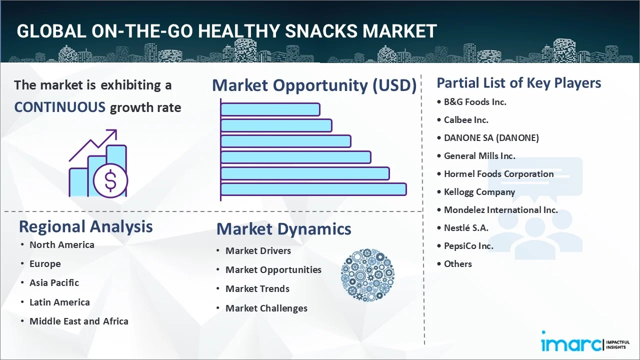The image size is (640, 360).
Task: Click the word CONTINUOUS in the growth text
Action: coord(59,107)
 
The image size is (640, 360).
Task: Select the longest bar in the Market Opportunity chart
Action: coord(313,189)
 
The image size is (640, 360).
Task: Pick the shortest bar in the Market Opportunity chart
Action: coord(270,109)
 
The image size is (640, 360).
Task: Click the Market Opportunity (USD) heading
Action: coord(314,85)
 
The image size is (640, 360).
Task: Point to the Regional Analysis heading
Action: coord(85,226)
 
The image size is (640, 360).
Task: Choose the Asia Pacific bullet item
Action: coord(54,282)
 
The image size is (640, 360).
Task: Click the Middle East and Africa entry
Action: coord(78,321)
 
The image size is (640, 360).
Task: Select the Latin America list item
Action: coord(59,302)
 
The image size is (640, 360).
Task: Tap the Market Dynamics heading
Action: coord(283,229)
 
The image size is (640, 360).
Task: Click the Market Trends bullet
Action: coord(257,288)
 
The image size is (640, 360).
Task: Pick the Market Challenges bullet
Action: coord(266,308)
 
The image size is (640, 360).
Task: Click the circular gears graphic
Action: coord(367,274)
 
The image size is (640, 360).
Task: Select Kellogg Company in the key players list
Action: coord(479,191)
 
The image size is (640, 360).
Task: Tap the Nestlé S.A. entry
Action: coord(466,227)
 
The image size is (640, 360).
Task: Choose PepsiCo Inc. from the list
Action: coord(468,245)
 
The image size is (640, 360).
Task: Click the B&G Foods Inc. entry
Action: coord(475,101)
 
